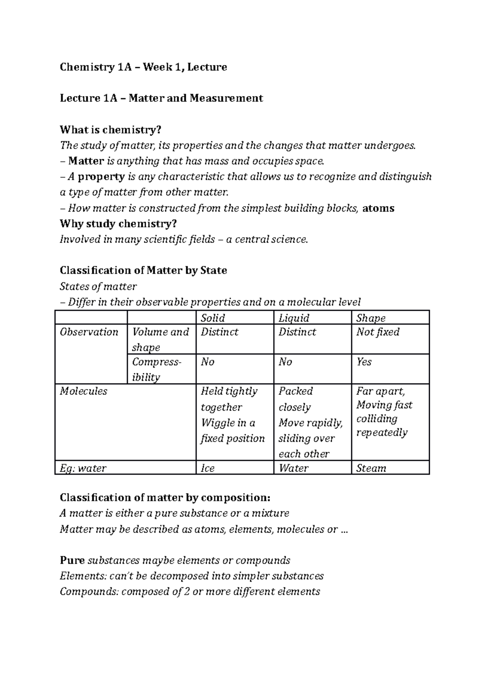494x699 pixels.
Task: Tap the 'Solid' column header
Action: coord(213,318)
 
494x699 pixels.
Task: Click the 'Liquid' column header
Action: coord(294,318)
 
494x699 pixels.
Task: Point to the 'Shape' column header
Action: coord(371,318)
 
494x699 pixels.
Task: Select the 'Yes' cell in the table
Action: coord(364,362)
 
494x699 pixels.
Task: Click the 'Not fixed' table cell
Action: coord(378,332)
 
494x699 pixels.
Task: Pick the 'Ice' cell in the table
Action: coord(208,468)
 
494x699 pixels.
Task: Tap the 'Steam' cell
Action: coord(371,468)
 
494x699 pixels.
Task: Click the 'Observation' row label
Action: coord(89,332)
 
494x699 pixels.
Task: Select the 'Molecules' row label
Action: coord(84,391)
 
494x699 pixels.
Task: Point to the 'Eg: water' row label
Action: coord(83,468)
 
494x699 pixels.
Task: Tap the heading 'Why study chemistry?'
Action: coord(118,224)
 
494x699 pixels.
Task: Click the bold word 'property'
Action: coord(101,177)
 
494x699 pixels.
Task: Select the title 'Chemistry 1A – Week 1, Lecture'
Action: coord(143,67)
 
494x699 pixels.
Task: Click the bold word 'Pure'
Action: coord(72,561)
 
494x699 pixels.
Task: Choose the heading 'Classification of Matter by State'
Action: coord(143,271)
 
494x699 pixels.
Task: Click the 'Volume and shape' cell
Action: coord(161,339)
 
